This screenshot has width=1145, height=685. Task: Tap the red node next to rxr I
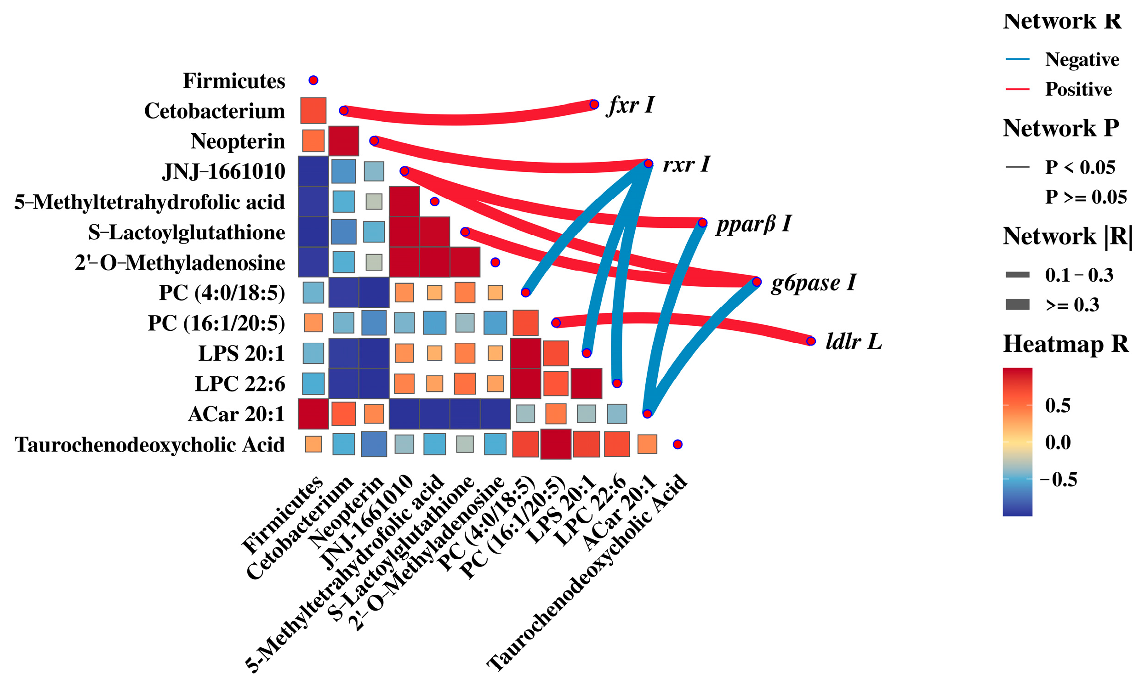point(648,164)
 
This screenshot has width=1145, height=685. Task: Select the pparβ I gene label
point(753,224)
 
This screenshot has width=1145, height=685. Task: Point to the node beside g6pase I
point(756,282)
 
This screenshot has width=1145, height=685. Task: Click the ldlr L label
point(853,341)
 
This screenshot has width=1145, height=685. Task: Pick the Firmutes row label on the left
point(234,81)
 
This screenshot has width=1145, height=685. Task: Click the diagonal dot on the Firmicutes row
point(313,80)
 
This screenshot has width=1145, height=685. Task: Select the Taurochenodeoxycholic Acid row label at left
point(149,445)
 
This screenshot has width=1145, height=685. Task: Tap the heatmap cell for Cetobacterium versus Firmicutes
point(313,111)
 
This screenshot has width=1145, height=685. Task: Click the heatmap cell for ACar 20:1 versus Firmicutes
point(313,413)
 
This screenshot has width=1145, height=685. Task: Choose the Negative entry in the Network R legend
point(1082,60)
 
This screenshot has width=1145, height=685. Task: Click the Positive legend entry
point(1078,89)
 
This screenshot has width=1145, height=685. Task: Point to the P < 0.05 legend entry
point(1080,167)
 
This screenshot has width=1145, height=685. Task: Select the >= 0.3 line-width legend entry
point(1072,305)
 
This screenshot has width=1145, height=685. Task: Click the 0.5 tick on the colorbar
point(1057,405)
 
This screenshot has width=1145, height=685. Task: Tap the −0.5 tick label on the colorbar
point(1058,479)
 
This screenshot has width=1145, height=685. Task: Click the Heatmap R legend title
point(1065,344)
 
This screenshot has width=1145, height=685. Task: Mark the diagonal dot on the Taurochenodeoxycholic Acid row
point(678,444)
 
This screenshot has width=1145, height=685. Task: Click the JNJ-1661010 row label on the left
point(223,171)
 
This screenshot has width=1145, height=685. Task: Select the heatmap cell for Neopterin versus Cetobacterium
point(343,141)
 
